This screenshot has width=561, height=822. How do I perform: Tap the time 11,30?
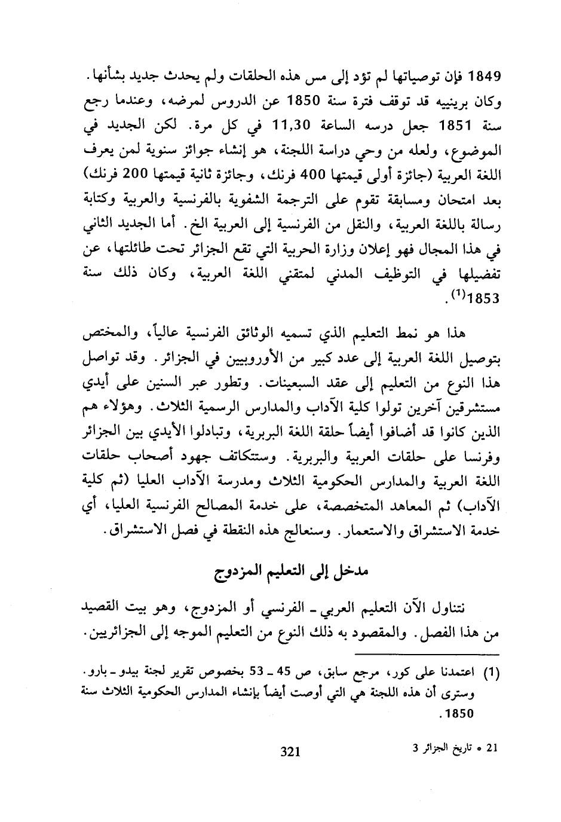(x=289, y=127)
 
